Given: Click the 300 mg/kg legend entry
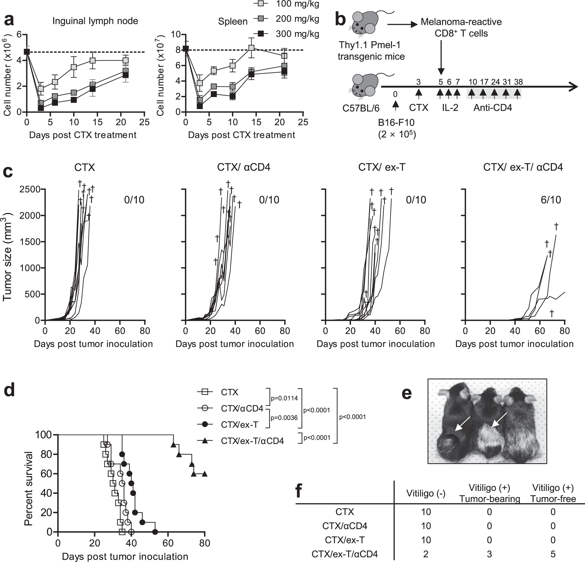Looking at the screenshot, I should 297,34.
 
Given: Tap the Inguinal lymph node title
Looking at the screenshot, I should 95,21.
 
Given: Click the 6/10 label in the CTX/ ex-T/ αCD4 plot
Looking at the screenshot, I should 551,199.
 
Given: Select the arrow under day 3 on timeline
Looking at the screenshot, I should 419,93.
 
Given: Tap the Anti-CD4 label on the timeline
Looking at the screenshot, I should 493,108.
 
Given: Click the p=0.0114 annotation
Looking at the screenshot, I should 284,398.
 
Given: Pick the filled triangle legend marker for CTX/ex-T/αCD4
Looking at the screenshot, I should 205,440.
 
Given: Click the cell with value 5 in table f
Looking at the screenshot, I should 553,554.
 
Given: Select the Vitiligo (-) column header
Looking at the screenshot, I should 426,494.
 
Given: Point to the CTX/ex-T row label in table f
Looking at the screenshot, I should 345,540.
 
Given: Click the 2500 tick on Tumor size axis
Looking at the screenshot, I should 30,189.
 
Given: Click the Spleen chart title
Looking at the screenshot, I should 233,21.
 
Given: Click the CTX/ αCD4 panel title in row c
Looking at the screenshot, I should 244,167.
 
